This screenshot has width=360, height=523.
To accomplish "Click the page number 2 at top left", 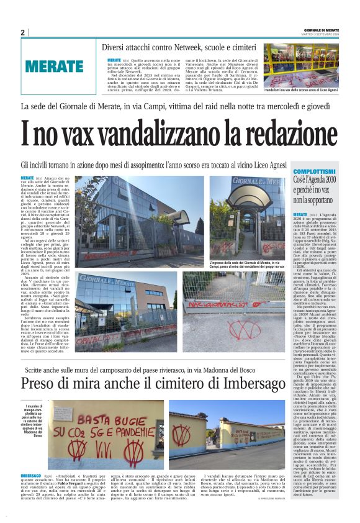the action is click(22, 32).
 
